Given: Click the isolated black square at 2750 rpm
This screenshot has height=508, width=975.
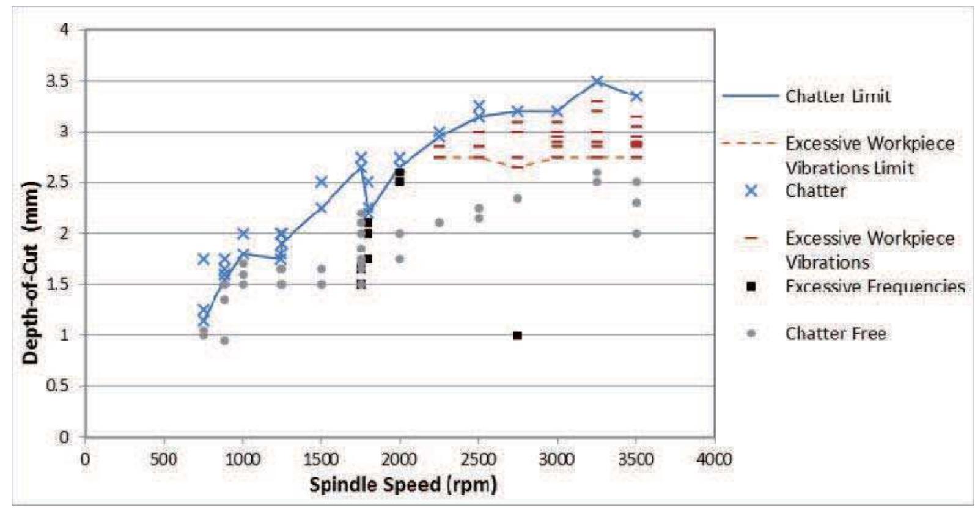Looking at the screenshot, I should [517, 336].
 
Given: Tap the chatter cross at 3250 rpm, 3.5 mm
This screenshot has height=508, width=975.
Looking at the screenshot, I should [597, 81].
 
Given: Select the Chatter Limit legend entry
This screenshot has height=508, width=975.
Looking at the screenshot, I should [837, 96].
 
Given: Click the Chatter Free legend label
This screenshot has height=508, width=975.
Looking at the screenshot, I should [836, 333].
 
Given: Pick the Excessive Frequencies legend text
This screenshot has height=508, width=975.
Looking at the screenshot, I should [875, 286].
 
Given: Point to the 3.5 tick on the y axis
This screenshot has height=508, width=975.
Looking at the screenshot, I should [59, 81].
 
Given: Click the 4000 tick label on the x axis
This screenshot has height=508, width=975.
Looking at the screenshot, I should [714, 459].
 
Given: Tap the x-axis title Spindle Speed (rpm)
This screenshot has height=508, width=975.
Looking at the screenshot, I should [403, 485].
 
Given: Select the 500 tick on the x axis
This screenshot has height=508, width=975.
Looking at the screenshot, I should [164, 459].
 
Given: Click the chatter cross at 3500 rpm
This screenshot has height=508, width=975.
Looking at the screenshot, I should [636, 96].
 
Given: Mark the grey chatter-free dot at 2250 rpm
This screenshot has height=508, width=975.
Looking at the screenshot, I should [439, 223].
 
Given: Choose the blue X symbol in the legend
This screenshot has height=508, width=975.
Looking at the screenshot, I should [751, 191].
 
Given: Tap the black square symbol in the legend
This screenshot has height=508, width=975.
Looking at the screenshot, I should [751, 286].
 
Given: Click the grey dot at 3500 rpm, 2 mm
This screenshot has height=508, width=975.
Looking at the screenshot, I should [636, 234].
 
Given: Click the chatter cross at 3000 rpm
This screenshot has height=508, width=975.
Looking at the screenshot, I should [557, 111].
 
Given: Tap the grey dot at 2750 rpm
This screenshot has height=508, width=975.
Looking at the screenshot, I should [517, 198].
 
